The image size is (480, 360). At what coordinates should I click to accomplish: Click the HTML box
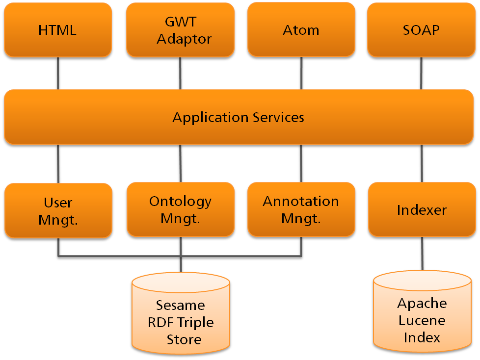point(57,30)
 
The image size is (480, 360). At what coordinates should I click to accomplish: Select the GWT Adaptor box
point(180,30)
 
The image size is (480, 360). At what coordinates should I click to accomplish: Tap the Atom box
point(301,29)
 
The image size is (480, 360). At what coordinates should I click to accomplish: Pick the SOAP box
point(421,29)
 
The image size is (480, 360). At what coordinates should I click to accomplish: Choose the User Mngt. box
point(58,211)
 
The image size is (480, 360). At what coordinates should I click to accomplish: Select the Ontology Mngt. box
point(180,209)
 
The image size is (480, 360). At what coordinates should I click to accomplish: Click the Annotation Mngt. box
point(301,209)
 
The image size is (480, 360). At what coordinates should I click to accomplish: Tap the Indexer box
point(422,210)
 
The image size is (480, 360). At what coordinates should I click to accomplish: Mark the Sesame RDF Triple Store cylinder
point(181,314)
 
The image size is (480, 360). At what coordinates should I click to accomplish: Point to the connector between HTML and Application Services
point(58,73)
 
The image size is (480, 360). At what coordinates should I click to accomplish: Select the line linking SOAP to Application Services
point(422,73)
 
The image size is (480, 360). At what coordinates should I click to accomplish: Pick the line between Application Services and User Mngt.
point(58,164)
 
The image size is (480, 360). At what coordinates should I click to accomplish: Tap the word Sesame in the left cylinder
point(180,306)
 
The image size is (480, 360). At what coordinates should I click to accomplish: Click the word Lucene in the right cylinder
point(422,320)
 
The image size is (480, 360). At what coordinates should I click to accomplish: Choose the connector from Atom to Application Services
point(301,73)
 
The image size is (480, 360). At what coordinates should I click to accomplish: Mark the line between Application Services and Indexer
point(422,163)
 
